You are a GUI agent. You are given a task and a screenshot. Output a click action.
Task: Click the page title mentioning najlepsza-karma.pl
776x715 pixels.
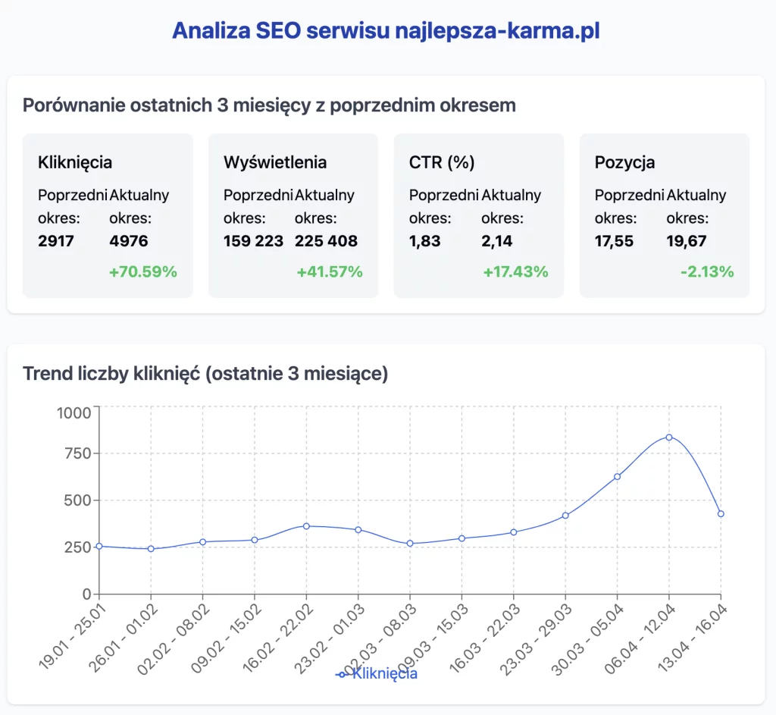pyautogui.click(x=387, y=30)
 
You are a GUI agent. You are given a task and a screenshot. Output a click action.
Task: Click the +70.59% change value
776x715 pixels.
pyautogui.click(x=143, y=271)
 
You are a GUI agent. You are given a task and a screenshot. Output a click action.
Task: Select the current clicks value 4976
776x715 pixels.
pyautogui.click(x=129, y=241)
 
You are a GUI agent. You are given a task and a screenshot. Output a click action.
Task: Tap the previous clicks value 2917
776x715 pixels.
pyautogui.click(x=56, y=241)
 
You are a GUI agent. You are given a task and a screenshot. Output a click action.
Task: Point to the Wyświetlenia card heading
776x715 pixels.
pyautogui.click(x=275, y=162)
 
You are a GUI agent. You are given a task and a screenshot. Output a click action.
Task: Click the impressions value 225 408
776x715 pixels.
pyautogui.click(x=326, y=241)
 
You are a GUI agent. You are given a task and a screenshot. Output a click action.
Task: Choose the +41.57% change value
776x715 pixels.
pyautogui.click(x=330, y=271)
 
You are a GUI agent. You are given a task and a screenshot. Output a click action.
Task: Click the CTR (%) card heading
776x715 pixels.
pyautogui.click(x=441, y=162)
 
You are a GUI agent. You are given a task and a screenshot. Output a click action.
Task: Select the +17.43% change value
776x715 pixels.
pyautogui.click(x=515, y=271)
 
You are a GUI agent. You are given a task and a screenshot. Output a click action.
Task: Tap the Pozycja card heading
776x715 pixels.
pyautogui.click(x=624, y=162)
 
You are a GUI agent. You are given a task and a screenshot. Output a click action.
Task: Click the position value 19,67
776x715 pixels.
pyautogui.click(x=687, y=241)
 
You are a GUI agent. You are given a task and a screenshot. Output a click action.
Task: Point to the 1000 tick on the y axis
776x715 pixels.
pyautogui.click(x=74, y=413)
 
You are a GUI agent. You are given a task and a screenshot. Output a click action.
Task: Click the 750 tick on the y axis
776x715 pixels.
pyautogui.click(x=79, y=453)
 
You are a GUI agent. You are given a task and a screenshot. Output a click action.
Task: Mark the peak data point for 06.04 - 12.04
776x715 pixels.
pyautogui.click(x=669, y=437)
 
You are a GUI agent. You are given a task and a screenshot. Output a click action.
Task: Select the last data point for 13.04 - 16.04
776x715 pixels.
pyautogui.click(x=721, y=514)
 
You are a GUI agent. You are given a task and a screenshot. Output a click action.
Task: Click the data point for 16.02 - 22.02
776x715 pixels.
pyautogui.click(x=306, y=526)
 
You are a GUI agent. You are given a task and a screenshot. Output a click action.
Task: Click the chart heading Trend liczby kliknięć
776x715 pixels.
pyautogui.click(x=205, y=374)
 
